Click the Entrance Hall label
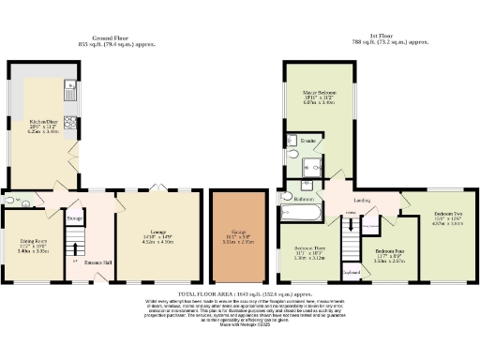click(x=97, y=262)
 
